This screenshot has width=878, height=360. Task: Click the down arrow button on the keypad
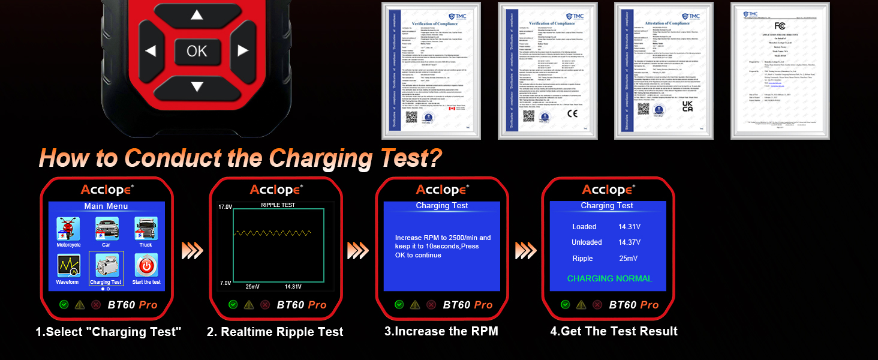tap(196, 86)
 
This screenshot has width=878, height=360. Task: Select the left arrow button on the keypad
tap(151, 51)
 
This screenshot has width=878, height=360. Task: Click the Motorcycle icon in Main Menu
tap(68, 229)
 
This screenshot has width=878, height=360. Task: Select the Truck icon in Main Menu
tap(146, 229)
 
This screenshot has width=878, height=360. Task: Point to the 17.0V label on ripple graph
tap(224, 207)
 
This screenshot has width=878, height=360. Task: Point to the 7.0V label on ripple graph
tap(224, 283)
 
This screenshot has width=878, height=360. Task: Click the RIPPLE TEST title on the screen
tap(278, 205)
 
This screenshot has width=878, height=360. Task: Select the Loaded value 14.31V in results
tap(629, 227)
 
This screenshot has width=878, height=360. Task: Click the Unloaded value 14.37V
tap(629, 242)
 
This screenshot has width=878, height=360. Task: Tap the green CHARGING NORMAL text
tap(609, 278)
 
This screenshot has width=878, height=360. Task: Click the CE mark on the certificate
tap(572, 113)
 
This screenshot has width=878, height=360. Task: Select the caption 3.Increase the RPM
tap(441, 331)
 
